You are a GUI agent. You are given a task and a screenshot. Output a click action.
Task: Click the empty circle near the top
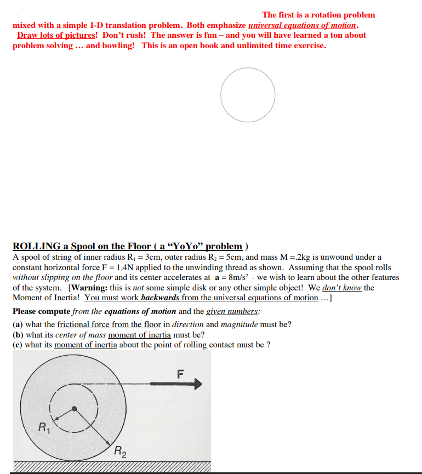click(x=248, y=95)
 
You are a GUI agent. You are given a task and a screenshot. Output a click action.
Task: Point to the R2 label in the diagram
click(x=120, y=452)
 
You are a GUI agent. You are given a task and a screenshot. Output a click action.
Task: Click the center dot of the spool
click(x=74, y=409)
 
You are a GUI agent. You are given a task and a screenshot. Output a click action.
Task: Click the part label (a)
click(x=18, y=324)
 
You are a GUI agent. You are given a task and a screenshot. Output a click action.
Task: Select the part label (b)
click(x=18, y=335)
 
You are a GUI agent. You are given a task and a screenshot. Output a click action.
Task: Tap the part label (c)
click(x=18, y=345)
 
